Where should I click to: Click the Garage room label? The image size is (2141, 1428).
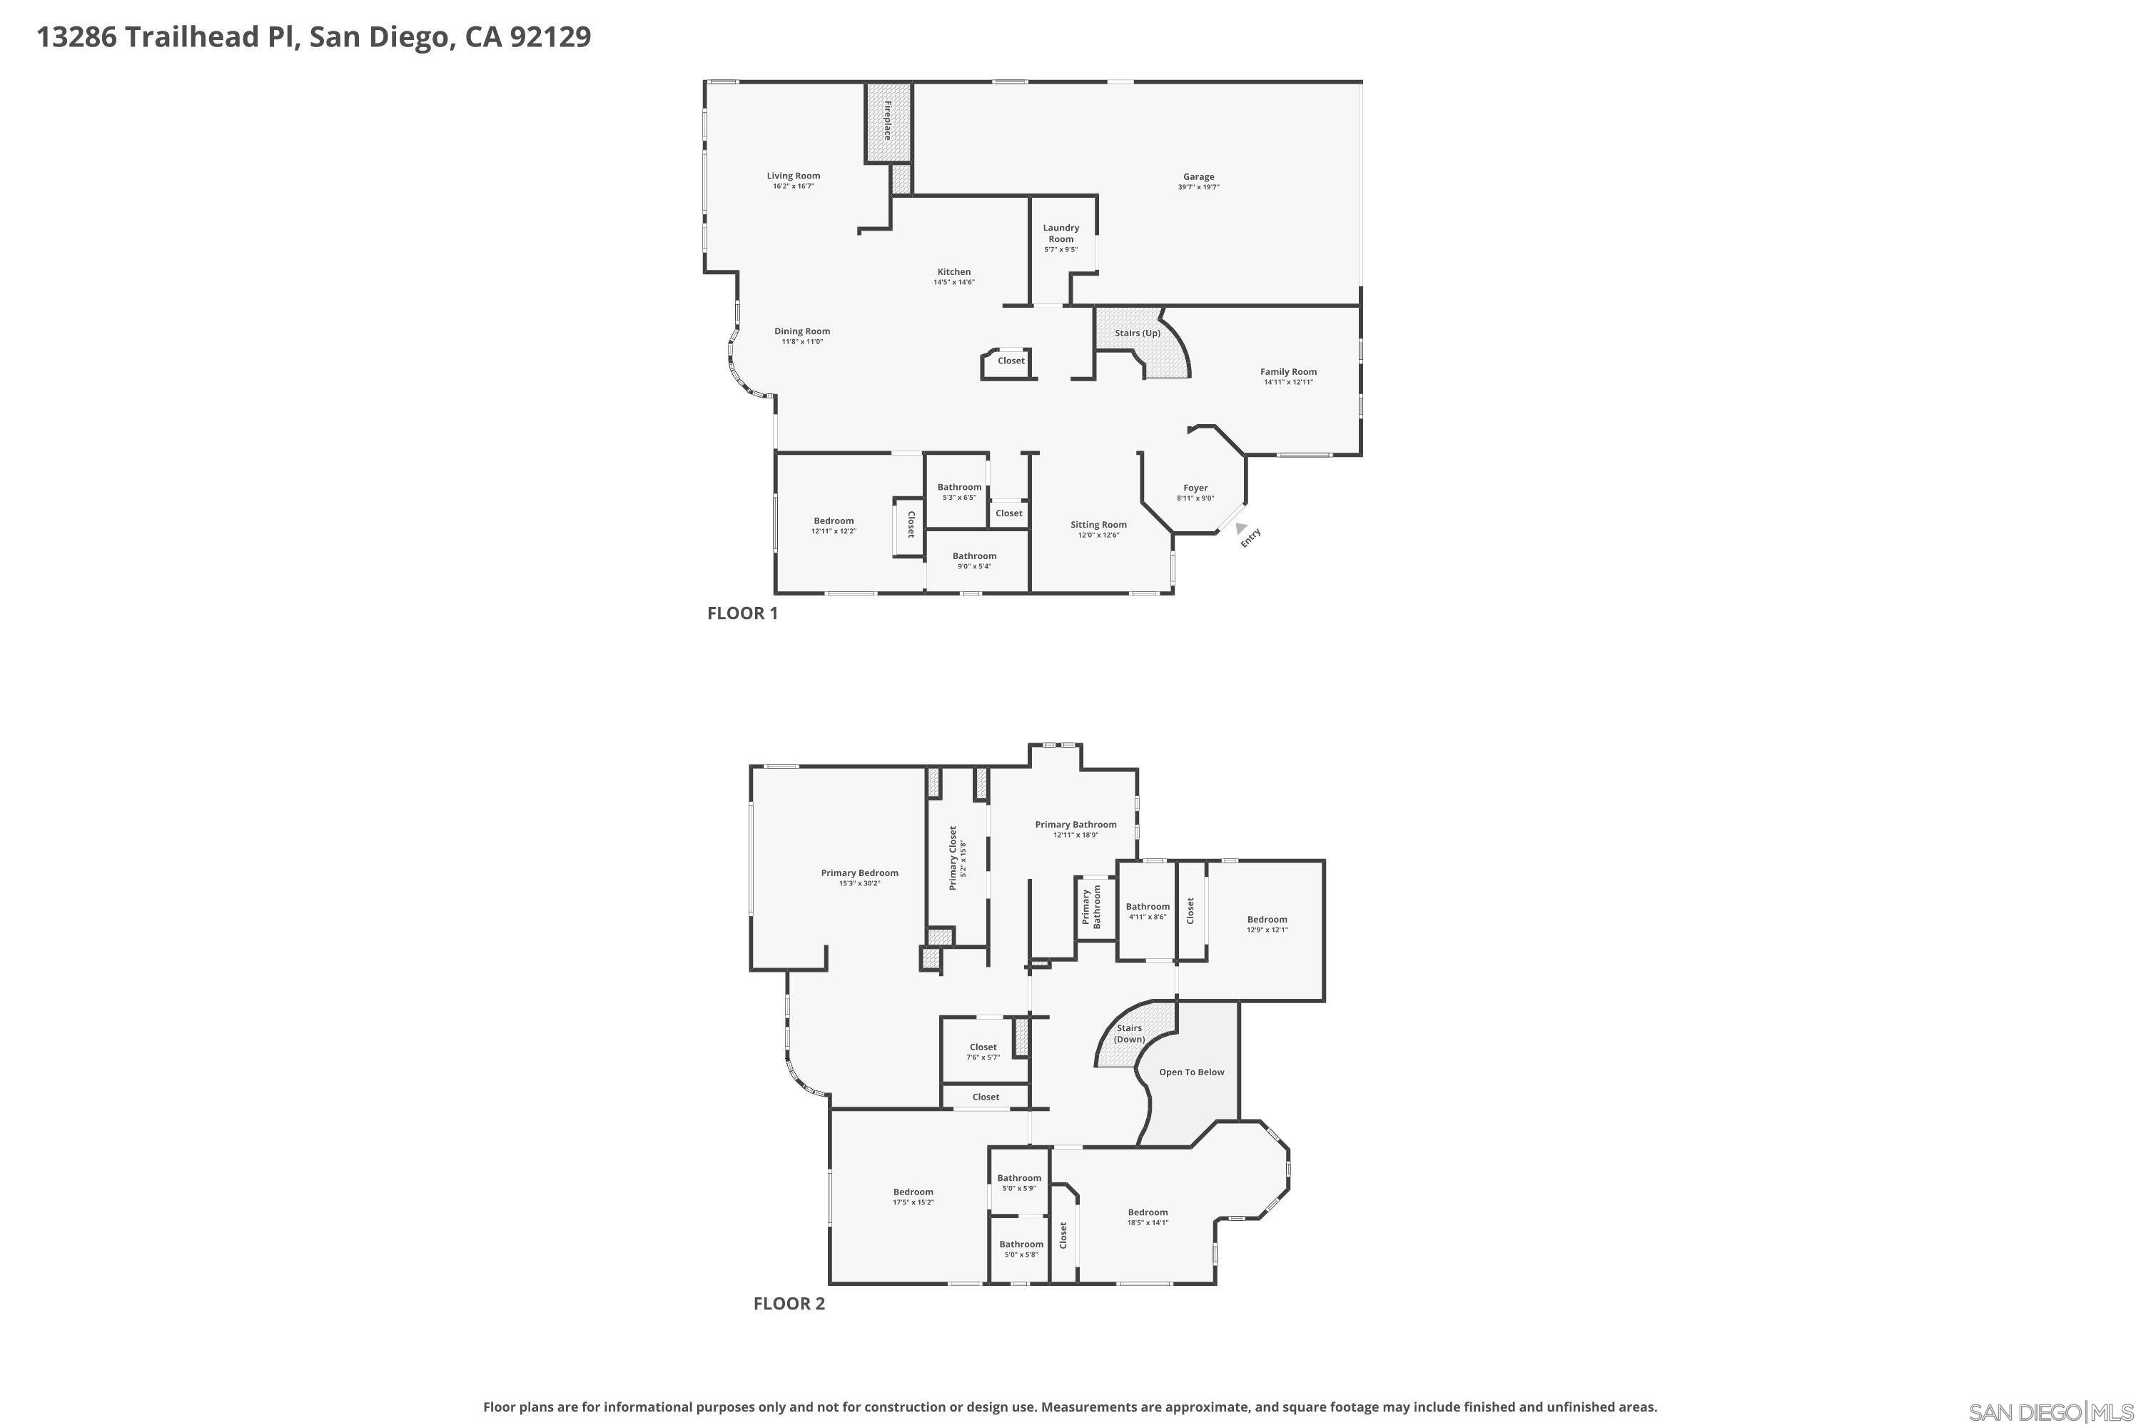[1198, 176]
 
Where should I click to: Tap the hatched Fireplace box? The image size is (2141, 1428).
[888, 122]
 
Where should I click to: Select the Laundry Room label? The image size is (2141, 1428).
[1061, 233]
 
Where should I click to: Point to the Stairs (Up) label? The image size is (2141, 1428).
[1137, 333]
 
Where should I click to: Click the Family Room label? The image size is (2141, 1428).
[1287, 371]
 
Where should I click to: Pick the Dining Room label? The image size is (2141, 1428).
[802, 331]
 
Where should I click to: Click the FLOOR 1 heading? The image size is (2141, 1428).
[742, 613]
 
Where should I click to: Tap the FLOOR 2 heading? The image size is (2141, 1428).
[789, 1303]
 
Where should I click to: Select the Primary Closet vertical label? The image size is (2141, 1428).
[953, 858]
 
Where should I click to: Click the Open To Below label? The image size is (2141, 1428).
[1190, 1072]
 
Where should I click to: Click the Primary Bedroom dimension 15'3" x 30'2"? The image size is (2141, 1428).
[859, 883]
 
